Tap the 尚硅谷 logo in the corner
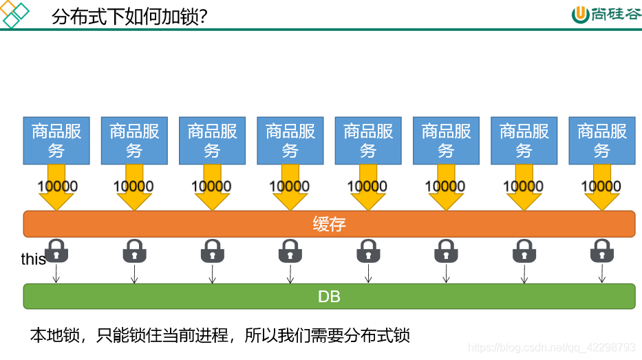point(606,14)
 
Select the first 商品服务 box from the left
point(56,140)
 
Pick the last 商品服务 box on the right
point(601,140)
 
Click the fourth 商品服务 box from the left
point(290,140)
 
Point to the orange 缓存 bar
point(329,224)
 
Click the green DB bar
point(329,297)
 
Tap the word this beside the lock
point(33,260)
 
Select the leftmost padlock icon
point(56,251)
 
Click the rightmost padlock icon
point(601,251)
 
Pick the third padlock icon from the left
point(212,251)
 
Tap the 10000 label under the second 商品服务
point(133,186)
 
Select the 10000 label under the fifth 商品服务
point(367,186)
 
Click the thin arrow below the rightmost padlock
point(601,274)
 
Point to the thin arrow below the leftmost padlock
point(56,274)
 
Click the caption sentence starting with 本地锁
point(220,335)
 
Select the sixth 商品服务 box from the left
point(446,140)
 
